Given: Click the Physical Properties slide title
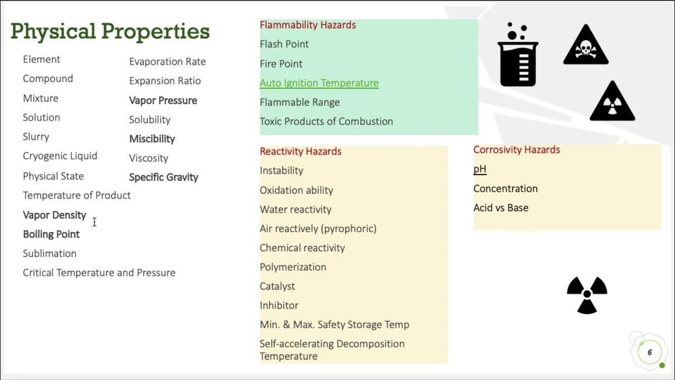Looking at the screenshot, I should [x=110, y=32].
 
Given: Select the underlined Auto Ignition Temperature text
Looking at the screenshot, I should [x=319, y=83].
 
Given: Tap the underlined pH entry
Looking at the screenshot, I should [x=480, y=169].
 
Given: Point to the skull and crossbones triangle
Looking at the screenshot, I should [x=586, y=46].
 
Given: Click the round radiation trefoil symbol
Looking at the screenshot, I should [x=587, y=295].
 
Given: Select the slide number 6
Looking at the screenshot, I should [x=650, y=353].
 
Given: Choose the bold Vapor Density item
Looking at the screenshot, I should [x=54, y=215].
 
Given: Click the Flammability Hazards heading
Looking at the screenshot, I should [x=307, y=25].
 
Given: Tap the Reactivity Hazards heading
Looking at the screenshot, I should [x=301, y=151].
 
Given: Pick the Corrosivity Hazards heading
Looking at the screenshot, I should [x=517, y=150].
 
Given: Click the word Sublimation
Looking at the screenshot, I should [x=50, y=253].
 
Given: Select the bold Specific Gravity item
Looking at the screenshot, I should [x=163, y=177].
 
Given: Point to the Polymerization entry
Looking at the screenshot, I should [x=293, y=267].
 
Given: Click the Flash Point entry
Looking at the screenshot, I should [x=284, y=44].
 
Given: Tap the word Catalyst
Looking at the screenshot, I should [x=277, y=286].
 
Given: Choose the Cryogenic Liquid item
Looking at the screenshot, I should [x=60, y=156].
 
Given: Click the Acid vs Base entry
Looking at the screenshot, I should [x=501, y=208].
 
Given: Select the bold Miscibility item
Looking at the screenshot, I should [x=152, y=139].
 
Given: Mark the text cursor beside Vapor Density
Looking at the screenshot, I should [x=94, y=222].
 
